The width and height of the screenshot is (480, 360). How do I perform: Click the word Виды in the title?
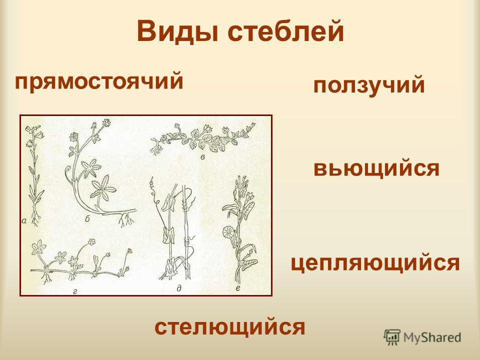[x=177, y=31]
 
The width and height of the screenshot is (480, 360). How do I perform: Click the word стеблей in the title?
[x=285, y=31]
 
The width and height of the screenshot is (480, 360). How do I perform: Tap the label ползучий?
[x=369, y=85]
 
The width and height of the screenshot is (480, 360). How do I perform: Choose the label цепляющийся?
[x=375, y=263]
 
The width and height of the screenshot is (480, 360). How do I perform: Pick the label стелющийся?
[x=230, y=326]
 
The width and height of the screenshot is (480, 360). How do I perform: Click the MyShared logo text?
[x=432, y=337]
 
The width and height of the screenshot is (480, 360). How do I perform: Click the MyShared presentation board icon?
[x=392, y=337]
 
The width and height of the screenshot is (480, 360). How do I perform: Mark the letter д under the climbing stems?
[x=179, y=288]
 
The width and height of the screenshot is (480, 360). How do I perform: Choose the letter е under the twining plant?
[x=237, y=288]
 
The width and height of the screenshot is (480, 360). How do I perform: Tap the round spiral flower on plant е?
[x=229, y=231]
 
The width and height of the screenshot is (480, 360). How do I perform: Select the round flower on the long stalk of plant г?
[x=91, y=242]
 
